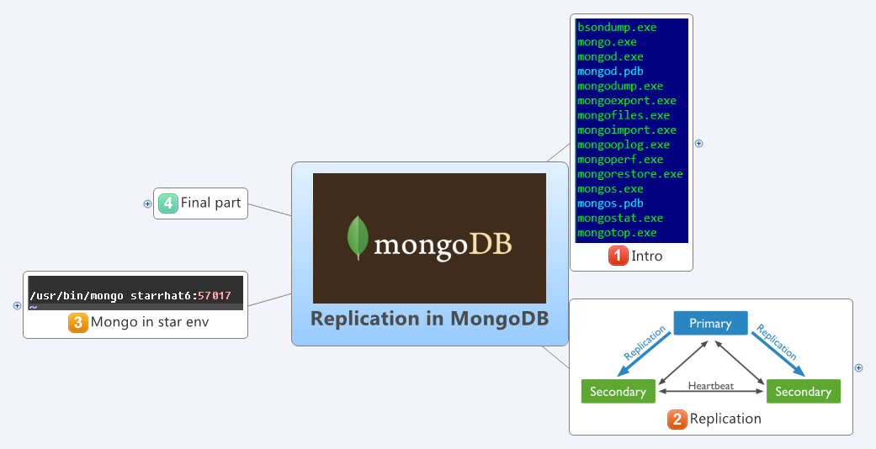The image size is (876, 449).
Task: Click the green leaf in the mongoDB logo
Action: point(359,237)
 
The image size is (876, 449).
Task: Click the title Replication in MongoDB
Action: point(429,319)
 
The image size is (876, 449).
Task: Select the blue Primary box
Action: point(710,323)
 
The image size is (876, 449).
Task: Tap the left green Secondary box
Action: point(618,392)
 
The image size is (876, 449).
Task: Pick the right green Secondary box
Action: point(803,392)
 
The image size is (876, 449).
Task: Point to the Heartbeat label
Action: point(711,386)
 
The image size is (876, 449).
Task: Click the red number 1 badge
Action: point(619,256)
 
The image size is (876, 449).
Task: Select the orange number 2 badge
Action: point(677,419)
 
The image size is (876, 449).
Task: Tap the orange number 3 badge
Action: point(78,322)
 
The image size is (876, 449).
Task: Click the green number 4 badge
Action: point(168,203)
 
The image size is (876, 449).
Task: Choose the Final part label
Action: point(210,203)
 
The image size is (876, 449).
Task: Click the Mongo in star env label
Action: point(150,322)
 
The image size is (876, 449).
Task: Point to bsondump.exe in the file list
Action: point(617,28)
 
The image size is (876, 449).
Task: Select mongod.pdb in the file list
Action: point(610,71)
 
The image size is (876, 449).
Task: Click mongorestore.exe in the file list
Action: point(630,174)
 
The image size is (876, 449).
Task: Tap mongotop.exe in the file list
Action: point(617,232)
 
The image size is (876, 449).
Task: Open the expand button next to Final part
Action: point(147,203)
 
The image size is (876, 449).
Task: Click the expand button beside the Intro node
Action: point(698,144)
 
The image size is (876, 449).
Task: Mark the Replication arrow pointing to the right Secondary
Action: point(778,348)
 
